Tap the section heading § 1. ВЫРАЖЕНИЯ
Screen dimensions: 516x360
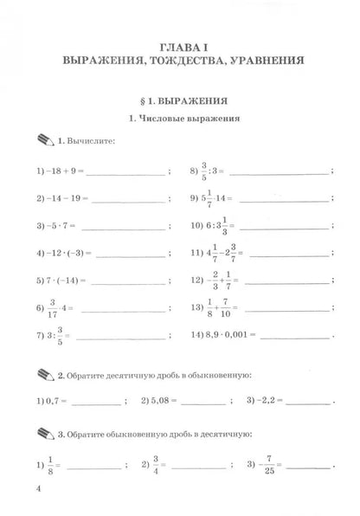coord(179,100)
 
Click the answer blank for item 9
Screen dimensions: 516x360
coord(278,199)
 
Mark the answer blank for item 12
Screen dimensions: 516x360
coord(286,282)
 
